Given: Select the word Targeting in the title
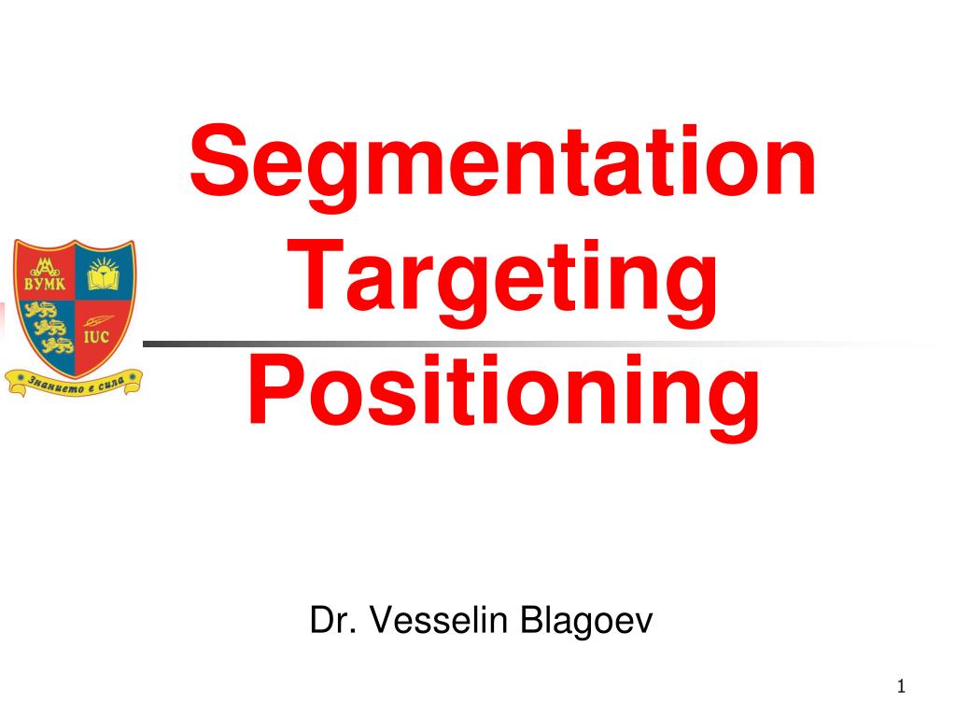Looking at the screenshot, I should pyautogui.click(x=503, y=282).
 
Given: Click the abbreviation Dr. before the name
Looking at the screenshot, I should pyautogui.click(x=335, y=620).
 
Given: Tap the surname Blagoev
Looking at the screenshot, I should pyautogui.click(x=575, y=620).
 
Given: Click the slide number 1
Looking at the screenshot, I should pyautogui.click(x=901, y=688).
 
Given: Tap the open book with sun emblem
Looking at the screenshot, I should pyautogui.click(x=102, y=275).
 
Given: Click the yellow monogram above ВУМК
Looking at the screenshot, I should pyautogui.click(x=44, y=260).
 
